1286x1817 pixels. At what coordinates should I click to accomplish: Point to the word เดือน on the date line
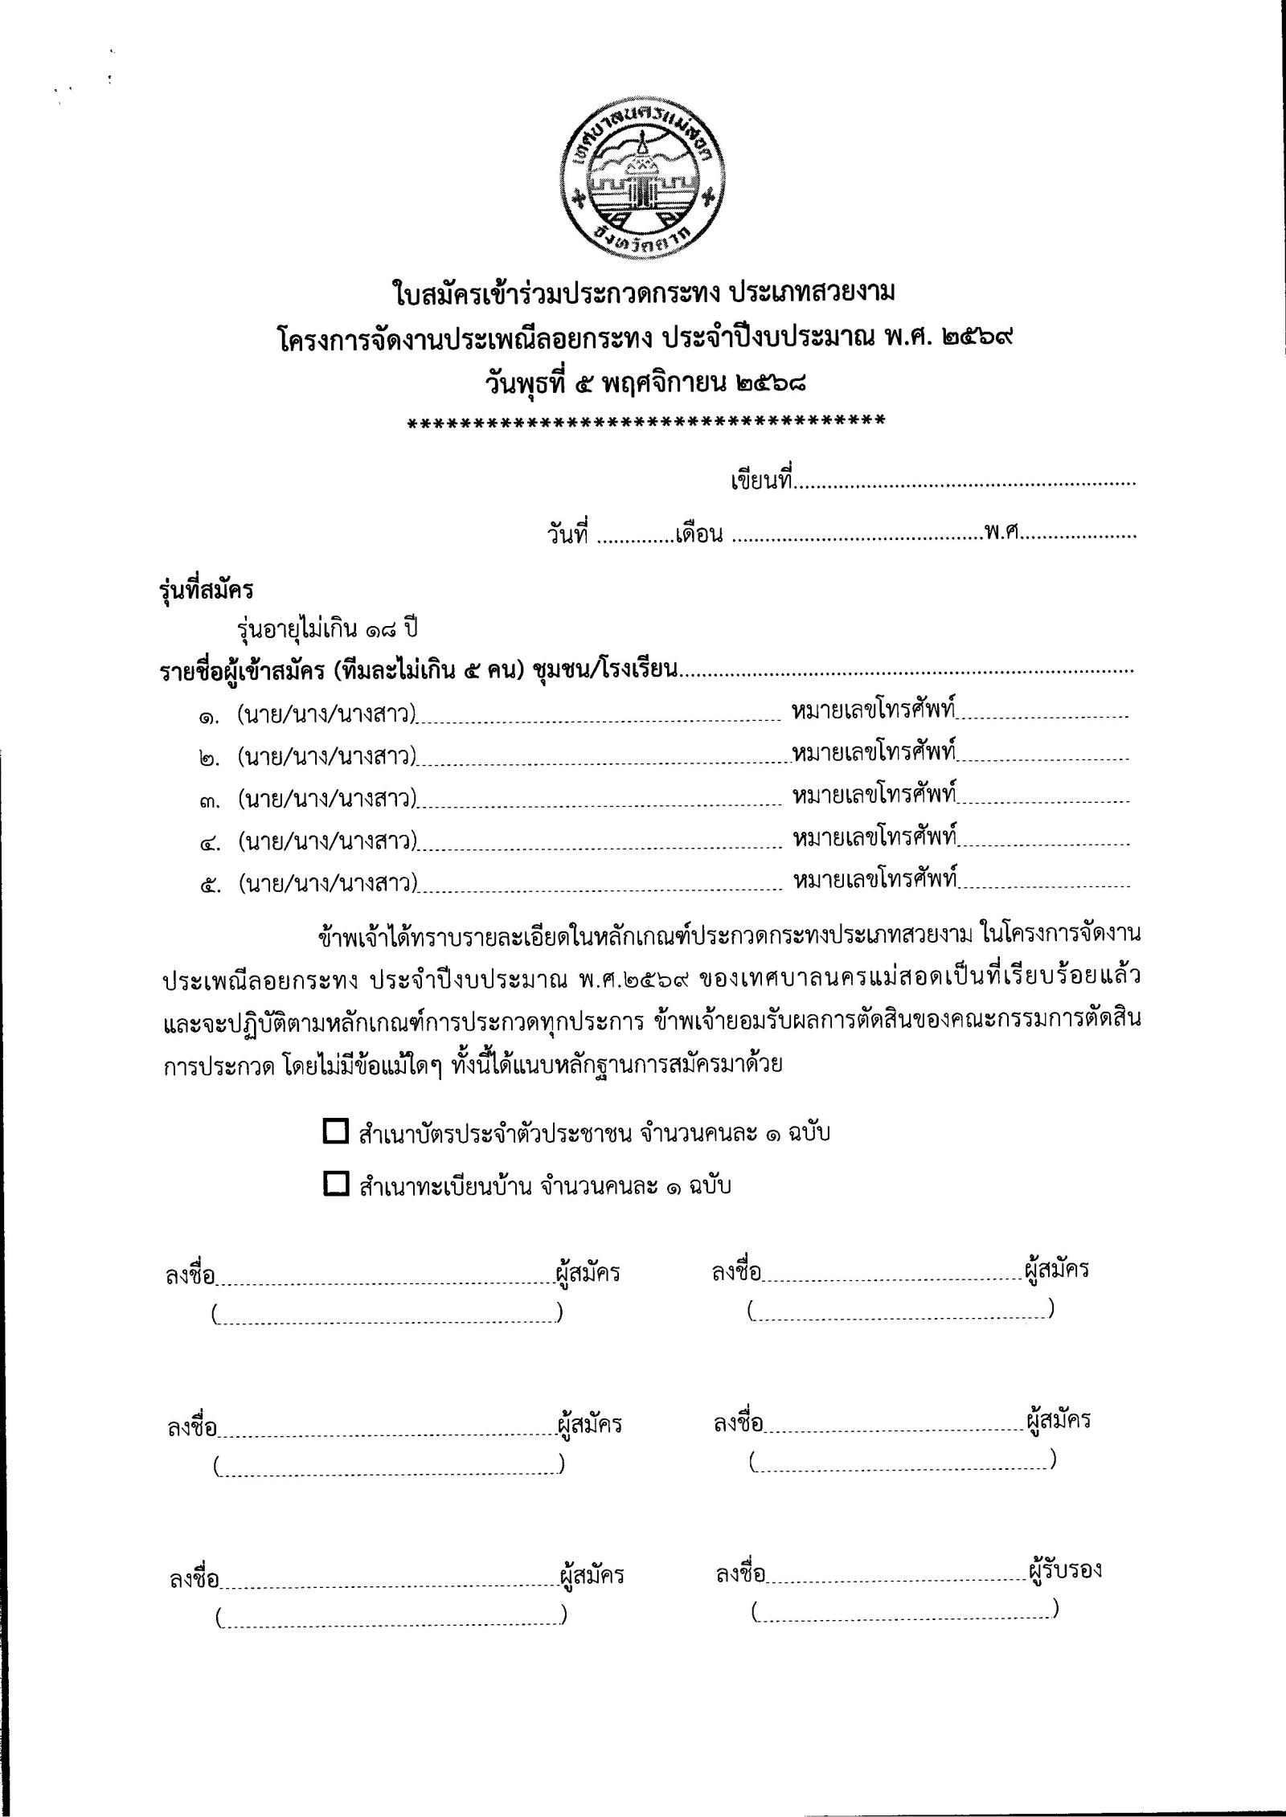click(x=699, y=534)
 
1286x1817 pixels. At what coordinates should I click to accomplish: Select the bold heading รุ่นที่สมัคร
click(x=206, y=589)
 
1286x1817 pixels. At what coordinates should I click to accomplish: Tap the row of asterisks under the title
click(x=646, y=421)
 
